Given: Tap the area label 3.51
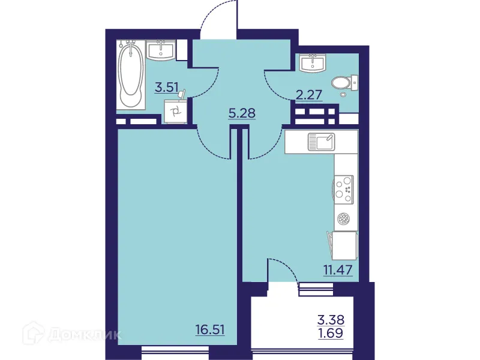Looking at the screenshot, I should pyautogui.click(x=166, y=88).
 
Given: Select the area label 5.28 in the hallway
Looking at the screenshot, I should pyautogui.click(x=243, y=112).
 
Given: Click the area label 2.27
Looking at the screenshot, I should pyautogui.click(x=309, y=94).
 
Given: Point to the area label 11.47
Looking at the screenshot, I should pyautogui.click(x=336, y=268).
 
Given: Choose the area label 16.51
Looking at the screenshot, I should pyautogui.click(x=210, y=329).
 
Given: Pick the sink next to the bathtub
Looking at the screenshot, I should pyautogui.click(x=161, y=50).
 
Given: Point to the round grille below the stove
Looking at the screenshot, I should pyautogui.click(x=343, y=219).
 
